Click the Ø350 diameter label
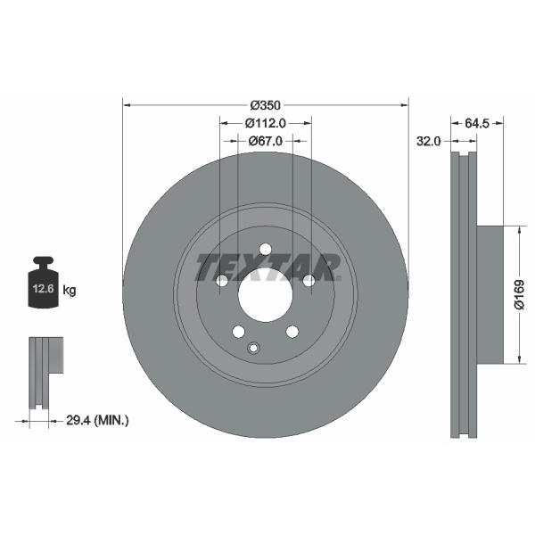tap(265, 105)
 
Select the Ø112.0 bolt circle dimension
tap(265, 123)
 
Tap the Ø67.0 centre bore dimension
tap(265, 141)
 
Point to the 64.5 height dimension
tap(477, 124)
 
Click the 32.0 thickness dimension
tap(429, 141)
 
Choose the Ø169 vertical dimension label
tap(519, 295)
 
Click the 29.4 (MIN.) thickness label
tap(97, 420)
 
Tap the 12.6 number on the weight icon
tap(44, 289)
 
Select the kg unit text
tap(70, 291)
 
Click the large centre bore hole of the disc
tap(266, 295)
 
